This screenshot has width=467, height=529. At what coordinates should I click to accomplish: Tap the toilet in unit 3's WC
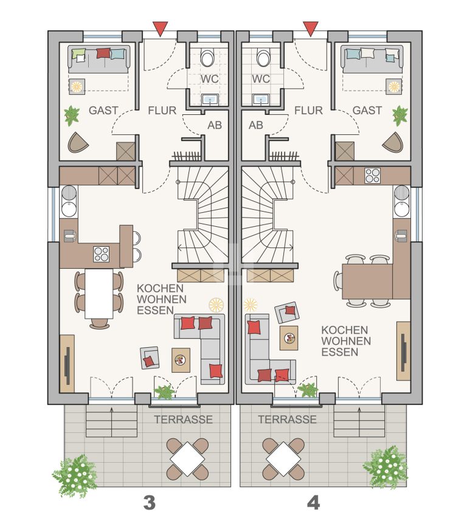tap(207, 58)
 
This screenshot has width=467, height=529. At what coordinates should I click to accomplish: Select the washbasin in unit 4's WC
tap(261, 100)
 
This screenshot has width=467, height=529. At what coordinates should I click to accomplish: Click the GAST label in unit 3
tap(103, 110)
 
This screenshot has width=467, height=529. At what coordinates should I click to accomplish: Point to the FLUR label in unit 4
tap(308, 110)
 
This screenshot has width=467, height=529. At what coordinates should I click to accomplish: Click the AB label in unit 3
tap(215, 125)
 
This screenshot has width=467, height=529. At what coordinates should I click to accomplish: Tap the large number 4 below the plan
tap(314, 503)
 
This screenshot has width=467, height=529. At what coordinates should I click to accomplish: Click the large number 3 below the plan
tap(150, 503)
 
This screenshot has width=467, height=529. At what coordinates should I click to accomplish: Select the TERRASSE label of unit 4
tap(287, 420)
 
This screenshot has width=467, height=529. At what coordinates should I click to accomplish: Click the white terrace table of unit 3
tap(187, 459)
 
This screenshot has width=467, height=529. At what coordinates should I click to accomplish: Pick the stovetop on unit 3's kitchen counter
tap(101, 254)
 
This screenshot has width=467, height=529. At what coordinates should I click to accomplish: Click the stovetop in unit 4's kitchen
tap(373, 176)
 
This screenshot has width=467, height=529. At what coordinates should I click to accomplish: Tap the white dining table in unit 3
tap(99, 294)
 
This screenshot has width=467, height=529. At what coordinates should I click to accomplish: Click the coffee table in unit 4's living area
tap(289, 338)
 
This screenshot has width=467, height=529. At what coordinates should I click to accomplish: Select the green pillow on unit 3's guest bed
tap(78, 54)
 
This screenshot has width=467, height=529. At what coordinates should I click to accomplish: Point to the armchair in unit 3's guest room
tap(78, 143)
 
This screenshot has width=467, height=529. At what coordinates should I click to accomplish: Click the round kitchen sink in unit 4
tap(401, 209)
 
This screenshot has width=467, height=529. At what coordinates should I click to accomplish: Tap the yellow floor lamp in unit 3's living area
tap(216, 305)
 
